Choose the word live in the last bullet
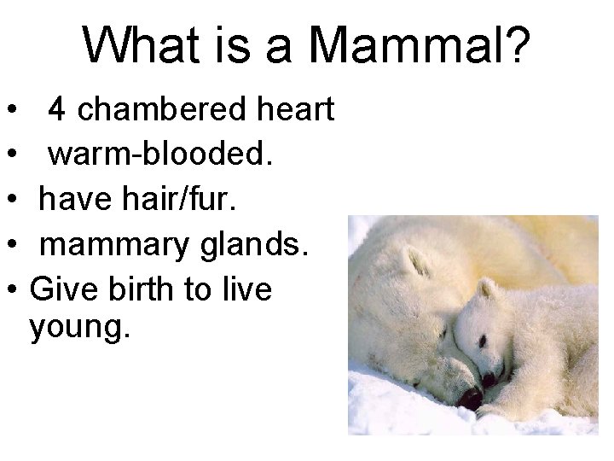pyautogui.click(x=247, y=290)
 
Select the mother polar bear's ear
pyautogui.click(x=415, y=259)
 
